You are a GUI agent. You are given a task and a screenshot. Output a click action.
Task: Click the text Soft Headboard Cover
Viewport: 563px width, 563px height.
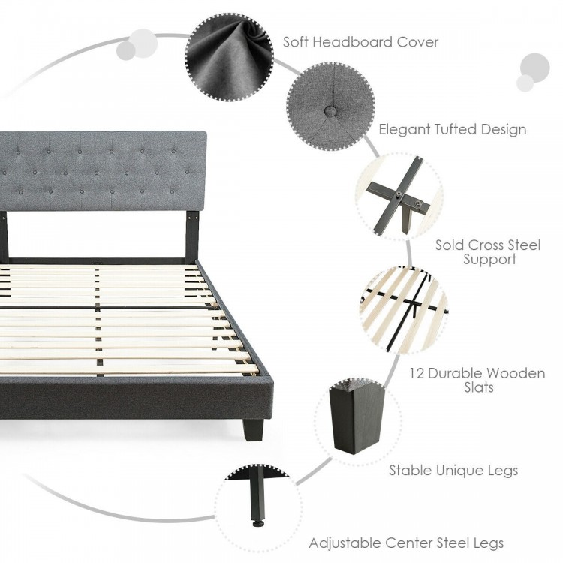360,42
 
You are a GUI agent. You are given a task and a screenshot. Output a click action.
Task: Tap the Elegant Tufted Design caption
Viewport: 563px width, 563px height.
452,129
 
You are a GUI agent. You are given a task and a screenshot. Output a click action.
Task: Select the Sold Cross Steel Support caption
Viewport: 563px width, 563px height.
488,252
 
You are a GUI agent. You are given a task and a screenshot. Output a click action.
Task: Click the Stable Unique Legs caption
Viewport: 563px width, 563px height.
453,471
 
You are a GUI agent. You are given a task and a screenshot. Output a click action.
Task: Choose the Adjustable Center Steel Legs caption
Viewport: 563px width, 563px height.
406,543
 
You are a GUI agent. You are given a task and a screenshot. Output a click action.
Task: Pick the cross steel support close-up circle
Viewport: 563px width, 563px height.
399,192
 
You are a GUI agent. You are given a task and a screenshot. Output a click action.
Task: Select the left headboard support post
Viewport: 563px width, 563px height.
5,237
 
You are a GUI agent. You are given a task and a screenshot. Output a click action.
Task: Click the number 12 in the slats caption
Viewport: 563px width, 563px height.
418,372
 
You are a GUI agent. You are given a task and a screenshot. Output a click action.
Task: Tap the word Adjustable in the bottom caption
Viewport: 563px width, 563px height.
345,543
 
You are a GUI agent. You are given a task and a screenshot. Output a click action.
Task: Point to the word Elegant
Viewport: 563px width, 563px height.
405,129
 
